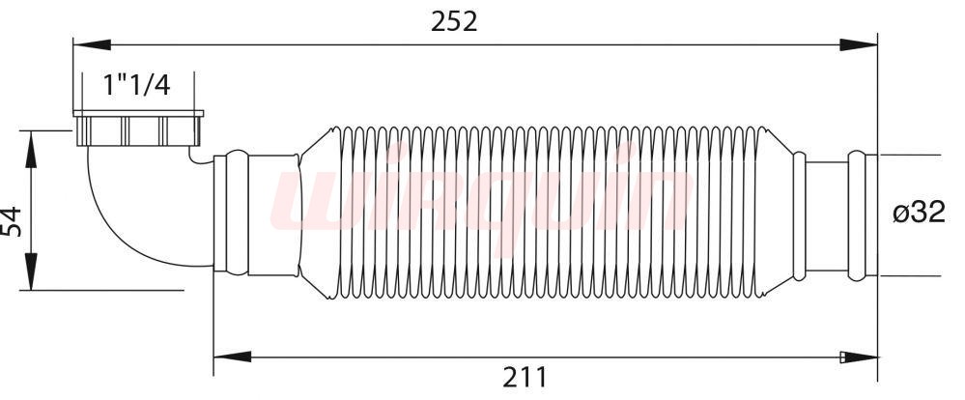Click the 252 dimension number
454,22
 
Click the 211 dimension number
525,377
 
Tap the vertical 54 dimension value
12,221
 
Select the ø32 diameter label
919,213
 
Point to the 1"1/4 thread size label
136,85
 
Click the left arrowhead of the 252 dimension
93,44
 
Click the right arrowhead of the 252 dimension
859,44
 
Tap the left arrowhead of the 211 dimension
233,357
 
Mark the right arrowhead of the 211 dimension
859,357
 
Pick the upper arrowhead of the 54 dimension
31,149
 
